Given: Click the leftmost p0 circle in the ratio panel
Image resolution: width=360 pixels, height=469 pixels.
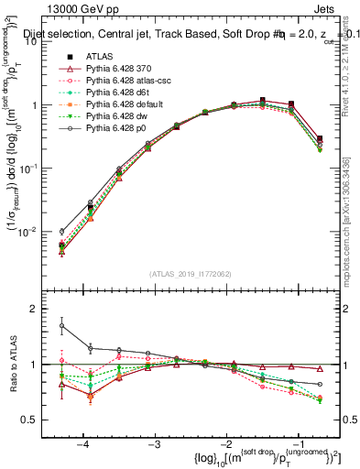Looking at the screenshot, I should click(x=61, y=325).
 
